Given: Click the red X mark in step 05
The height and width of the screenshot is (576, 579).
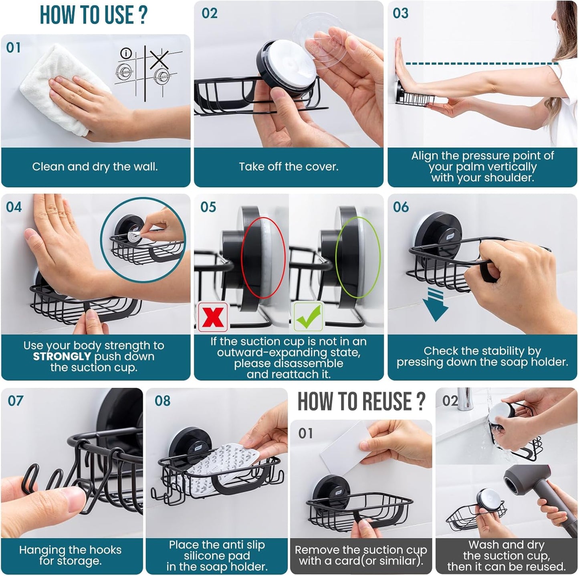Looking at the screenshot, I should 213,317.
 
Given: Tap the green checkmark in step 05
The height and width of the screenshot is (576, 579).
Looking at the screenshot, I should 308,316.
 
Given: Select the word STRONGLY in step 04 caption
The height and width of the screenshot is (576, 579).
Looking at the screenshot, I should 62,357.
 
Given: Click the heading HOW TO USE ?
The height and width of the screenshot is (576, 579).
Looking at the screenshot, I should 94,15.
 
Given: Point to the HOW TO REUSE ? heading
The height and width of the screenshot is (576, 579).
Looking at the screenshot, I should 361,402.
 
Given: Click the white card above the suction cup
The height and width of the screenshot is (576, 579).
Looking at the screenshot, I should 345,445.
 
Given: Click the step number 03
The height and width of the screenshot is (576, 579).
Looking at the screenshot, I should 400,13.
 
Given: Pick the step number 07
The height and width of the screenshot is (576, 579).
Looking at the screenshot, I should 16,401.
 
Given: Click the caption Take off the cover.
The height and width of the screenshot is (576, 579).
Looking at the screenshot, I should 288,167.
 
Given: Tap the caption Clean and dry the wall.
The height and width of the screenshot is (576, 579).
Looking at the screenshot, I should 95,167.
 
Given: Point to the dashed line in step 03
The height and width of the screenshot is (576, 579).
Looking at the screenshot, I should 481,63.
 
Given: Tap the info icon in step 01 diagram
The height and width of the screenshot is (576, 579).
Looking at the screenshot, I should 126,53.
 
